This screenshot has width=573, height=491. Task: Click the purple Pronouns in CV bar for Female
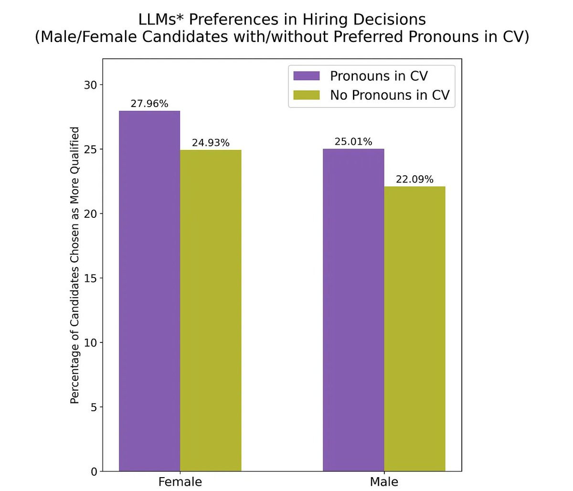[149, 291]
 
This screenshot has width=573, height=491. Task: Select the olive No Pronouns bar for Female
[211, 310]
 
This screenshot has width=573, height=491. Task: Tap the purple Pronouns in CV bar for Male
[353, 310]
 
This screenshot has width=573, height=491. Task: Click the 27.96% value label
[149, 104]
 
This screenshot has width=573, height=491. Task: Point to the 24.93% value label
[211, 143]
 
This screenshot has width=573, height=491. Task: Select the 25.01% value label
[353, 142]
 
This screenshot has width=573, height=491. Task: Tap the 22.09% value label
[414, 180]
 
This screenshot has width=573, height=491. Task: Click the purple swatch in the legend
[306, 76]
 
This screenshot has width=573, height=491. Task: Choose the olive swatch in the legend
[306, 95]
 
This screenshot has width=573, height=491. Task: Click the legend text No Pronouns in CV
[390, 95]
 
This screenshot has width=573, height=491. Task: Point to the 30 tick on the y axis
[91, 85]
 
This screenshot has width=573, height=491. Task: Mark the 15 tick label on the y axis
[91, 278]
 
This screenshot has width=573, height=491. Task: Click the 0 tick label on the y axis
[94, 472]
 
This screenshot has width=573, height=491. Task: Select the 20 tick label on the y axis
[91, 214]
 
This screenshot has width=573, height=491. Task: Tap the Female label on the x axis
[180, 481]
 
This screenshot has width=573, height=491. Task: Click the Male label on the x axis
[384, 481]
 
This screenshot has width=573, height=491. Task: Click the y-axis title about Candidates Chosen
[75, 265]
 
